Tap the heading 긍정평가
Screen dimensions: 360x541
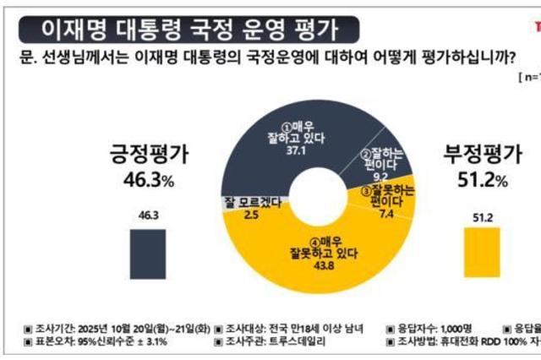coord(147,154)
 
